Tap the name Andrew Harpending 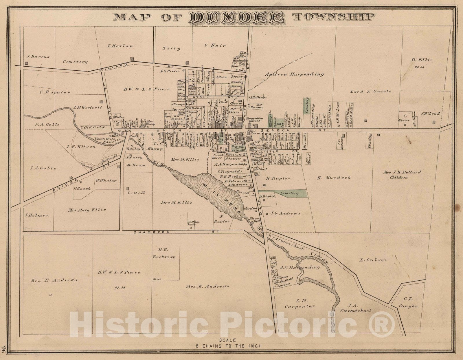294,74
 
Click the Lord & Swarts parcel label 370,91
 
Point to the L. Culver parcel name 373,260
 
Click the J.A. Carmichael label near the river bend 355,308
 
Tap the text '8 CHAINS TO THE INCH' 228,346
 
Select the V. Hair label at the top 215,45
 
